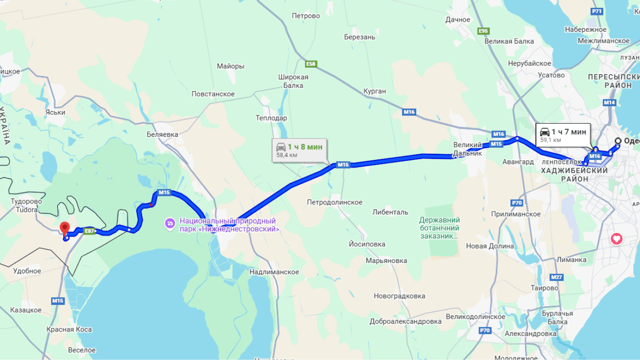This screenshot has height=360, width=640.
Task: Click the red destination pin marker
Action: tap(65, 228)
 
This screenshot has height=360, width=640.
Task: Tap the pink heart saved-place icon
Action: tap(617, 239)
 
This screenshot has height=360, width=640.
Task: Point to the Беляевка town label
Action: tap(163, 135)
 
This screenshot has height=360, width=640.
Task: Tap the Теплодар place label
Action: tap(271, 118)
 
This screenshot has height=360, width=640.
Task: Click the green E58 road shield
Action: tap(311, 64)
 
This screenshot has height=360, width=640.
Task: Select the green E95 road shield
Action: tap(484, 31)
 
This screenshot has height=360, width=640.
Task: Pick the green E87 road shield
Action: tap(89, 231)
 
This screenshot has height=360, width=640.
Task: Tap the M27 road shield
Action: tap(556, 277)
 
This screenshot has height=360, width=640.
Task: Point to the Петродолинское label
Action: tap(335, 202)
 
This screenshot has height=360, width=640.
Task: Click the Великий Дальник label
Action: tap(468, 149)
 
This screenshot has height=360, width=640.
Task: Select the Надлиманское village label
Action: tap(274, 272)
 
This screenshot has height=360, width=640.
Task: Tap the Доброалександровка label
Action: tap(405, 322)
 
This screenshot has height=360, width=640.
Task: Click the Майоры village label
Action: tap(231, 67)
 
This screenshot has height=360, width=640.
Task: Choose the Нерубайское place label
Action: tap(529, 63)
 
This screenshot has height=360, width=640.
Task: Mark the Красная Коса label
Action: tap(69, 330)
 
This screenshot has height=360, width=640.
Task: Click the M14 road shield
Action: tap(610, 102)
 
